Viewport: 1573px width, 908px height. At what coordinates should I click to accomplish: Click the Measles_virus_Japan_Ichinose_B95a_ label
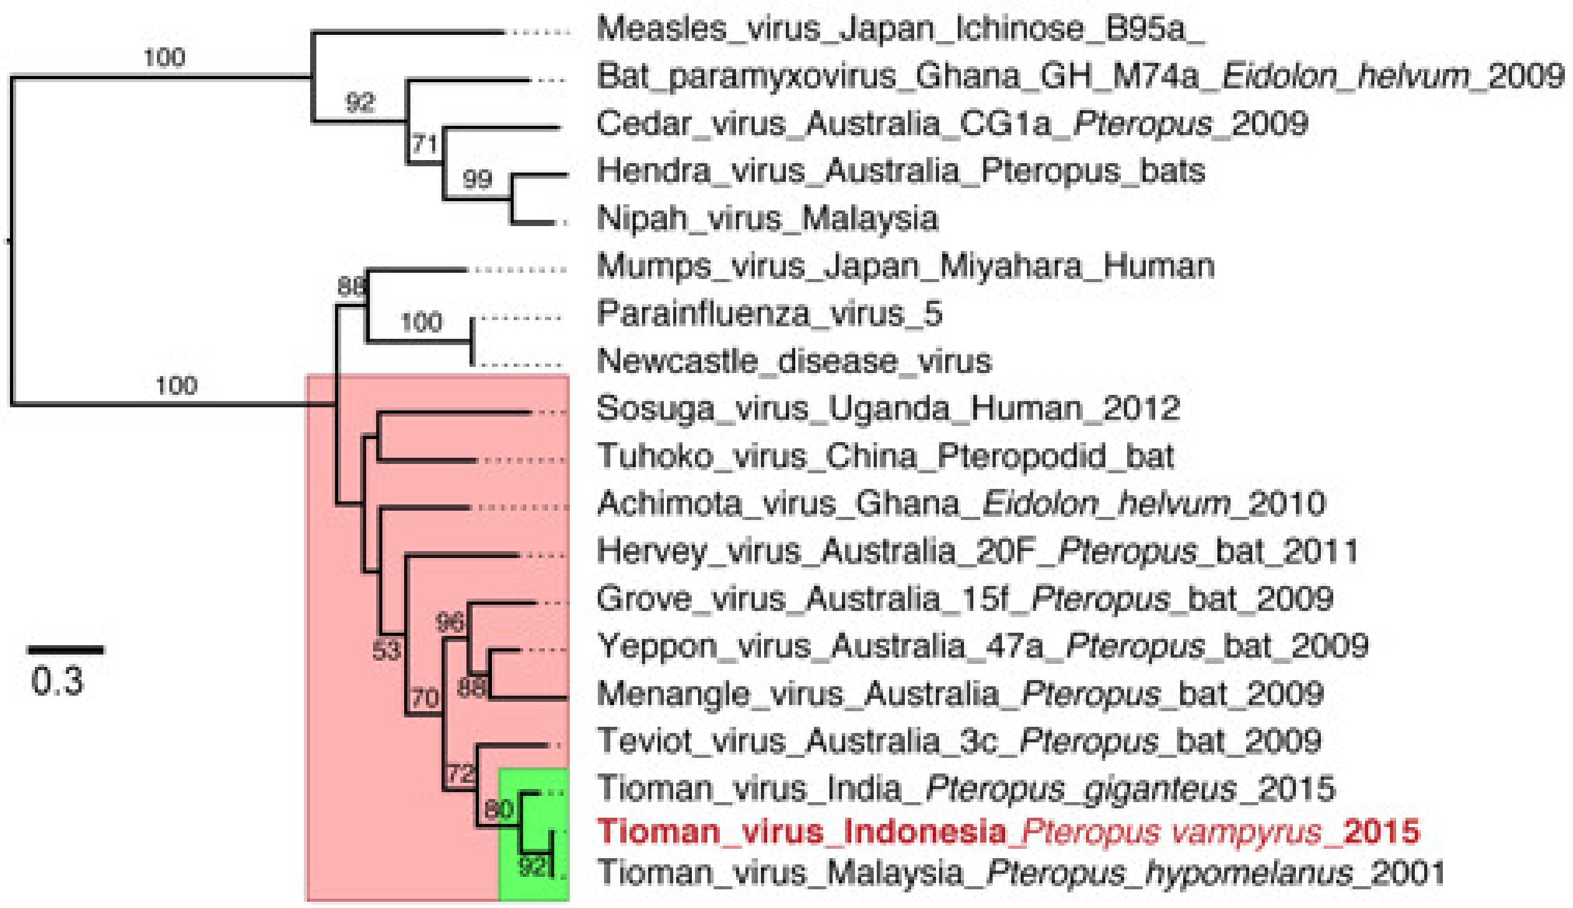(900, 29)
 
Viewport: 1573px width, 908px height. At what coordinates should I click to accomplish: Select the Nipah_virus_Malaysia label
(767, 219)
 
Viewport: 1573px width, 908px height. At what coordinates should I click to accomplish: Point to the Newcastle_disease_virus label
(794, 362)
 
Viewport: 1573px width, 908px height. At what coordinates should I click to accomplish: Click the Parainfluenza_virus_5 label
(769, 314)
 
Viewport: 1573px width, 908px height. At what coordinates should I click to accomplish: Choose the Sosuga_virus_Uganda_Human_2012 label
(888, 409)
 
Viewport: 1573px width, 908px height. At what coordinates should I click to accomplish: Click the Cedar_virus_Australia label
(952, 123)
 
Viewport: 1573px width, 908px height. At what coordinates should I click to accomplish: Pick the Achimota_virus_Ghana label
(961, 504)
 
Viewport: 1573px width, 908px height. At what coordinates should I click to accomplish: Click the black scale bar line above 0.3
(65, 650)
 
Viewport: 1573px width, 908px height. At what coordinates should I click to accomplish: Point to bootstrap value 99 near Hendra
(478, 179)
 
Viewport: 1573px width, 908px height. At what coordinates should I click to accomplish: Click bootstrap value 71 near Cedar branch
(425, 144)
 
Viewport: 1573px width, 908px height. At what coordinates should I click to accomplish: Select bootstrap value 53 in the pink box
(386, 651)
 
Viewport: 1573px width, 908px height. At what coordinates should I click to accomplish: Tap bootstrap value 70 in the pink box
(425, 698)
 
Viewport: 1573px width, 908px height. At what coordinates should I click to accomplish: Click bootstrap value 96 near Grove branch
(450, 622)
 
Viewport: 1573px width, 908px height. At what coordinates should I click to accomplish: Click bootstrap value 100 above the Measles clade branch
(164, 57)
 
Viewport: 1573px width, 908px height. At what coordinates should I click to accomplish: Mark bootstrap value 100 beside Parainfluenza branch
(422, 323)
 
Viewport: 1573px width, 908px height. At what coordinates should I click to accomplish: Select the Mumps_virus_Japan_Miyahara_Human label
(905, 267)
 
